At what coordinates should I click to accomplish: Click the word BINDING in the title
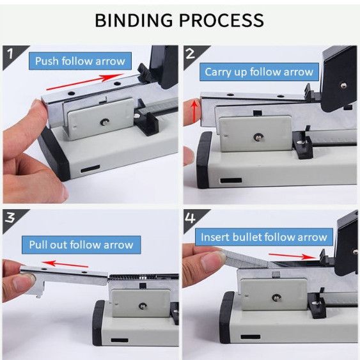pyautogui.click(x=134, y=20)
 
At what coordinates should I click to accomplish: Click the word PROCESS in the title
pyautogui.click(x=221, y=20)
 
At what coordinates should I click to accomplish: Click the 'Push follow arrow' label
pyautogui.click(x=80, y=61)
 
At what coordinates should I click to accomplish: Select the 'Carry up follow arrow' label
pyautogui.click(x=259, y=72)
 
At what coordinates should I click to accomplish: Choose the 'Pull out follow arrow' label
pyautogui.click(x=81, y=245)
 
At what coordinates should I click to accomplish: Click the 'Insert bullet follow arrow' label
pyautogui.click(x=264, y=237)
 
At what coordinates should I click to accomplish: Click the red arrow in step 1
pyautogui.click(x=85, y=82)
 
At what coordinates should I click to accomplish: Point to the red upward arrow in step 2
pyautogui.click(x=194, y=112)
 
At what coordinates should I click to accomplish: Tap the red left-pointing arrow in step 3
pyautogui.click(x=65, y=264)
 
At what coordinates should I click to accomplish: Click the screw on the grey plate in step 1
pyautogui.click(x=104, y=121)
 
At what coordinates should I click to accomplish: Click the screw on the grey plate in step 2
pyautogui.click(x=258, y=137)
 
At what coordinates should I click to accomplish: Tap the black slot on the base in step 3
pyautogui.click(x=120, y=340)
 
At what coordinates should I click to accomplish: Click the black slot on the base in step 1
pyautogui.click(x=90, y=169)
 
